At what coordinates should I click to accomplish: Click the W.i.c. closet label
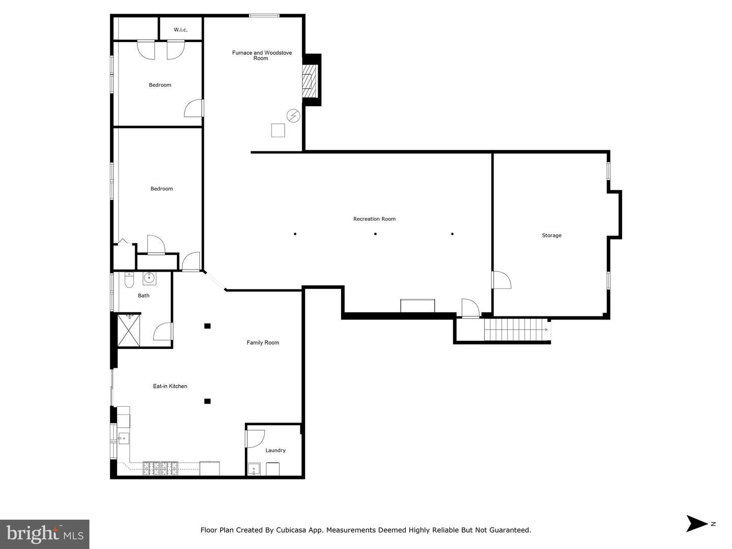(x=180, y=30)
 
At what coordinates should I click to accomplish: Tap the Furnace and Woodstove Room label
(x=261, y=55)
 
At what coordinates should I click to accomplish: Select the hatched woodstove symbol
(x=308, y=81)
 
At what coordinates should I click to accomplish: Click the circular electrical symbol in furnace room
(x=293, y=116)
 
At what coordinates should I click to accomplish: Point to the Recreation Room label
(x=374, y=219)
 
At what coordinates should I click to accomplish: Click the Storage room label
(x=552, y=235)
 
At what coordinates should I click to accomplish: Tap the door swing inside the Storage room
(x=502, y=280)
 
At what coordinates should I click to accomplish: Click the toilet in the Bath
(x=129, y=279)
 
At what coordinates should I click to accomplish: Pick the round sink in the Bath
(x=149, y=278)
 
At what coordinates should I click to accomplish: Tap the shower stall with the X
(x=129, y=331)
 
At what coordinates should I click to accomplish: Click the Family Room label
(x=263, y=343)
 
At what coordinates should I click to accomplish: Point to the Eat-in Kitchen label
(x=170, y=386)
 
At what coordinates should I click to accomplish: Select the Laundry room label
(x=276, y=450)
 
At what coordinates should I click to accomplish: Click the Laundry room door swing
(x=255, y=438)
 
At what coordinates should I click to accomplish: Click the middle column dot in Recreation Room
(x=375, y=234)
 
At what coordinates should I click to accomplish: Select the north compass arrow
(x=697, y=524)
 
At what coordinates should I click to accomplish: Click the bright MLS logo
(x=45, y=534)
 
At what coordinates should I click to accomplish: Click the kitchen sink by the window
(x=124, y=437)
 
